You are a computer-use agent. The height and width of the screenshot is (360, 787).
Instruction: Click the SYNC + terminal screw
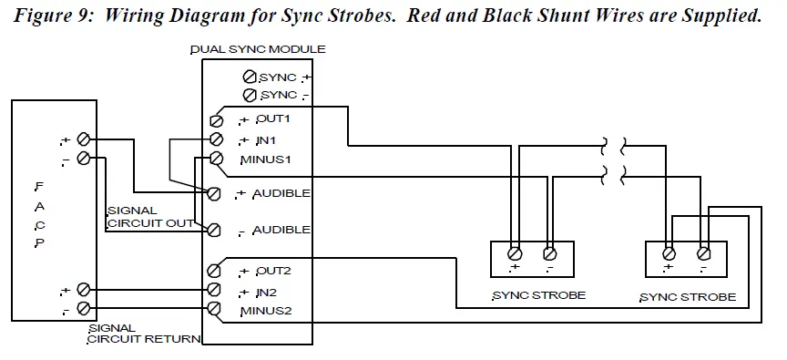point(249,77)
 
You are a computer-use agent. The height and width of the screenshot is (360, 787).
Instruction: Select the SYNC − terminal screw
point(249,95)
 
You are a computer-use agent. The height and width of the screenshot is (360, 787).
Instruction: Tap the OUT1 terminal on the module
point(216,120)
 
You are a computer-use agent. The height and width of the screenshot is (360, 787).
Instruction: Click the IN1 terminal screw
point(216,139)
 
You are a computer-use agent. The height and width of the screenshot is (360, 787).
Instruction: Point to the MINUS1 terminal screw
point(216,159)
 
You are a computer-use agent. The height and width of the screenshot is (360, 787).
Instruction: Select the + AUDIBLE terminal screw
point(214,193)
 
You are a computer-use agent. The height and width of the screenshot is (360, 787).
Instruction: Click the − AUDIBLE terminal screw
point(214,230)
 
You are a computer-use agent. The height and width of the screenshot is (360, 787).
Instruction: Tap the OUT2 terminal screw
point(215,271)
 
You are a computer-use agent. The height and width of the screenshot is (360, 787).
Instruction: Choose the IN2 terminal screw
point(215,291)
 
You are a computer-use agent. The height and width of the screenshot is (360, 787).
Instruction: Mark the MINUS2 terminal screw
point(215,310)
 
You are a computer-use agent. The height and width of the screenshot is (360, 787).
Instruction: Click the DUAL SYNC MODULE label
point(258,49)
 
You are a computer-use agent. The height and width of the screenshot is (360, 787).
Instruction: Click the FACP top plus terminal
point(84,139)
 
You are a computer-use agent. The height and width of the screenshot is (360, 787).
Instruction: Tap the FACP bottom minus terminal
point(84,309)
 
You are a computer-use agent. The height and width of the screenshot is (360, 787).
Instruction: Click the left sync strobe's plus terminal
point(515,252)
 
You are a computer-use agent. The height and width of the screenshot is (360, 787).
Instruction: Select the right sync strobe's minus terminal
point(703,252)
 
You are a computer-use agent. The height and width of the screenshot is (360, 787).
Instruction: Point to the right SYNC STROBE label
point(688,297)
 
